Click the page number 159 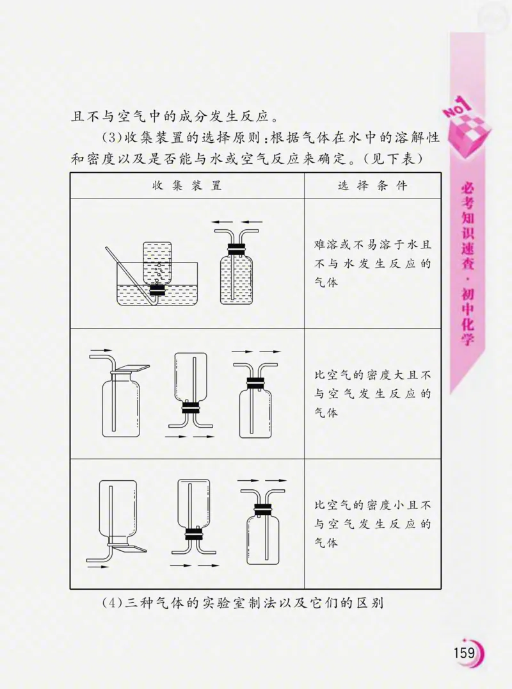(x=463, y=653)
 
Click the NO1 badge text (x=457, y=108)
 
